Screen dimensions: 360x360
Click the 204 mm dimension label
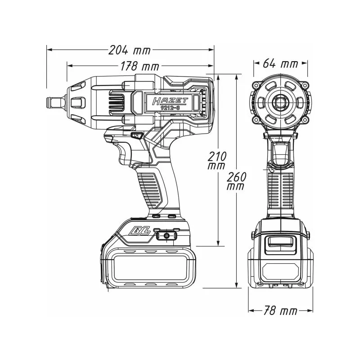point(130,50)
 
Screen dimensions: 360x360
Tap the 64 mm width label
point(280,63)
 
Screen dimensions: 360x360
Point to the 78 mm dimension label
point(280,311)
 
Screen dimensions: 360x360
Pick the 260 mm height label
point(237,180)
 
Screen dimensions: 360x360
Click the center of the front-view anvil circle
point(280,103)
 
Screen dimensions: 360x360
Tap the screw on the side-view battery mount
point(166,235)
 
